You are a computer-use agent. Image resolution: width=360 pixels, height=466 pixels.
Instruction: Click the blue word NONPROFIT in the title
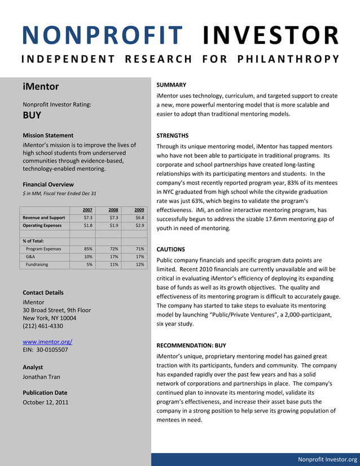click(x=103, y=36)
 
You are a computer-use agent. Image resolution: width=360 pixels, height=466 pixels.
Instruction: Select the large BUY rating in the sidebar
click(x=32, y=116)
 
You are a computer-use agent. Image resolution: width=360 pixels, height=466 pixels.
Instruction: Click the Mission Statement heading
click(x=48, y=135)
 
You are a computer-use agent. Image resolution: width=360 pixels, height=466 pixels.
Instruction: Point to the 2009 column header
click(x=139, y=210)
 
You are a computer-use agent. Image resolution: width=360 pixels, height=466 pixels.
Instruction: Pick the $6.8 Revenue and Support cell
click(x=139, y=217)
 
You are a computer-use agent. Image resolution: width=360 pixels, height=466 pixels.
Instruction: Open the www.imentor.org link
click(x=47, y=342)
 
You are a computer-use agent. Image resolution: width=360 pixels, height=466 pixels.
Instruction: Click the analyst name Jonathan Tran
click(x=41, y=377)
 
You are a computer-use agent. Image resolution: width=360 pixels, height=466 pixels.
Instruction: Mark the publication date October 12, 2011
click(x=46, y=402)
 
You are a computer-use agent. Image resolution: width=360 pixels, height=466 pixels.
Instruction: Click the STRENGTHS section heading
click(x=172, y=135)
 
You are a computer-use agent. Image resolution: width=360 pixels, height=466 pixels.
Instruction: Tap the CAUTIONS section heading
click(x=170, y=249)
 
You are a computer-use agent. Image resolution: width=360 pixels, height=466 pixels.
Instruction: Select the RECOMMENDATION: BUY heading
click(x=191, y=345)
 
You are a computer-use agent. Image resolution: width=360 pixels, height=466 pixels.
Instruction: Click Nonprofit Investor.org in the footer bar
click(x=327, y=459)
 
